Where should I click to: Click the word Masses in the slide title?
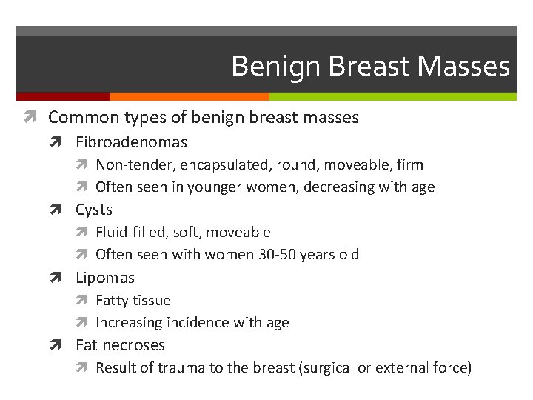(x=463, y=67)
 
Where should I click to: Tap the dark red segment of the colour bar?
(x=63, y=96)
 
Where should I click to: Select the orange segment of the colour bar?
(x=189, y=96)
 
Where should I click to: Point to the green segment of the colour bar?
(x=392, y=96)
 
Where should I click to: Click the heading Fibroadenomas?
(x=131, y=142)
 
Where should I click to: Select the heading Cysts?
(x=94, y=210)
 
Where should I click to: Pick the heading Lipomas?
(x=105, y=278)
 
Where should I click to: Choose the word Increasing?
(x=129, y=323)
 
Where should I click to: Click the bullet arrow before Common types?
(x=35, y=117)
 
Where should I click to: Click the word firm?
(x=409, y=165)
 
